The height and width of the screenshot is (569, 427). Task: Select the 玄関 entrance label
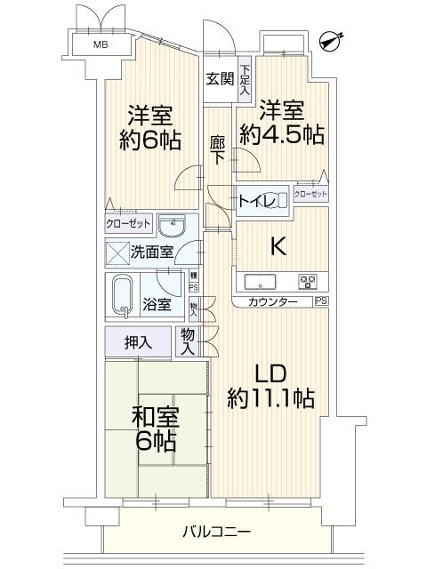[220, 78]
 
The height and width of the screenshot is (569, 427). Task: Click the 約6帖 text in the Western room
[149, 140]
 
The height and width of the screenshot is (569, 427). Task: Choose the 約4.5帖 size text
[281, 135]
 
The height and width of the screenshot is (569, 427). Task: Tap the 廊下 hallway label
[217, 148]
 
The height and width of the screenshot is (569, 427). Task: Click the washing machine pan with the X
[118, 252]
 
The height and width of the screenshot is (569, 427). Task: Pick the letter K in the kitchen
[278, 247]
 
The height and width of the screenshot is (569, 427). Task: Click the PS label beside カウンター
[320, 302]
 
